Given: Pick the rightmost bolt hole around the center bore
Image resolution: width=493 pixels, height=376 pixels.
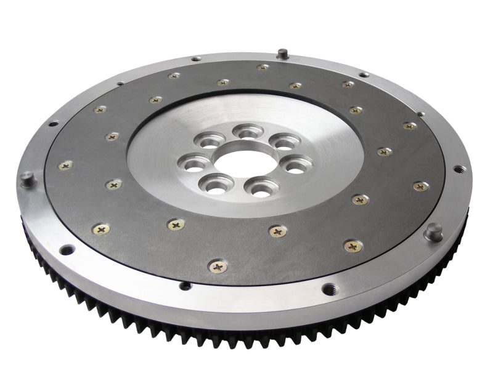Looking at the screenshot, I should click(296, 165).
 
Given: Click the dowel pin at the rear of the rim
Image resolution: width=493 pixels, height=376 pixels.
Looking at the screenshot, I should click(282, 53).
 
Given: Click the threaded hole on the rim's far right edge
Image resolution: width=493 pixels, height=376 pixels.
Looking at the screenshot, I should click(458, 169).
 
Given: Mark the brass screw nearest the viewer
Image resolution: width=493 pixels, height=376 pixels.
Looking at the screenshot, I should click(218, 266).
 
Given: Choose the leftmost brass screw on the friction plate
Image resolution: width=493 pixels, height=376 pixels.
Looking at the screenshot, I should click(65, 165).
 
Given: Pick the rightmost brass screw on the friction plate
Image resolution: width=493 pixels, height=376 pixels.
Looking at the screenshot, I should click(422, 186).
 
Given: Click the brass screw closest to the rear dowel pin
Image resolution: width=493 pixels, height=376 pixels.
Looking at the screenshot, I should click(263, 67).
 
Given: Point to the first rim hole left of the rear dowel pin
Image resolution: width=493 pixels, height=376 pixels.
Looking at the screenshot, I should click(195, 58).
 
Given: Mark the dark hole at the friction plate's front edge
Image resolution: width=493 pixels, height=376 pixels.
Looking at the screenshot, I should click(185, 285).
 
